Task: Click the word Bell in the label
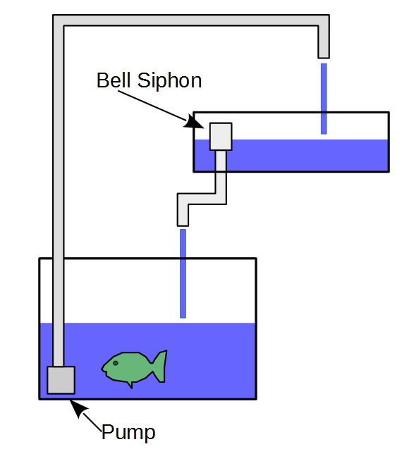(114, 80)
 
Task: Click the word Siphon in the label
(170, 82)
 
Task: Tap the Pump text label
(128, 433)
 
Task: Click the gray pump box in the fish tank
(61, 380)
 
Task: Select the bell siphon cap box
(221, 137)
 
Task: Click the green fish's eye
(115, 363)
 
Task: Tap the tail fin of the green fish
(161, 366)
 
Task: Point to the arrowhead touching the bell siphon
(194, 123)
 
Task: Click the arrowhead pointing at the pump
(78, 408)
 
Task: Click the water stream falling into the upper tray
(324, 99)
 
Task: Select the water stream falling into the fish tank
(183, 273)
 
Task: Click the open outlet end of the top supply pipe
(324, 57)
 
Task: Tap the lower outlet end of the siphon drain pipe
(183, 225)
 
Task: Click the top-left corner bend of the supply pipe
(59, 20)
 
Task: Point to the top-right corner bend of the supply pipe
(324, 20)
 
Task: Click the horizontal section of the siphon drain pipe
(202, 199)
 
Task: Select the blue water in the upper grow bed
(291, 155)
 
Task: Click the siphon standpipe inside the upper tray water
(221, 161)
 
